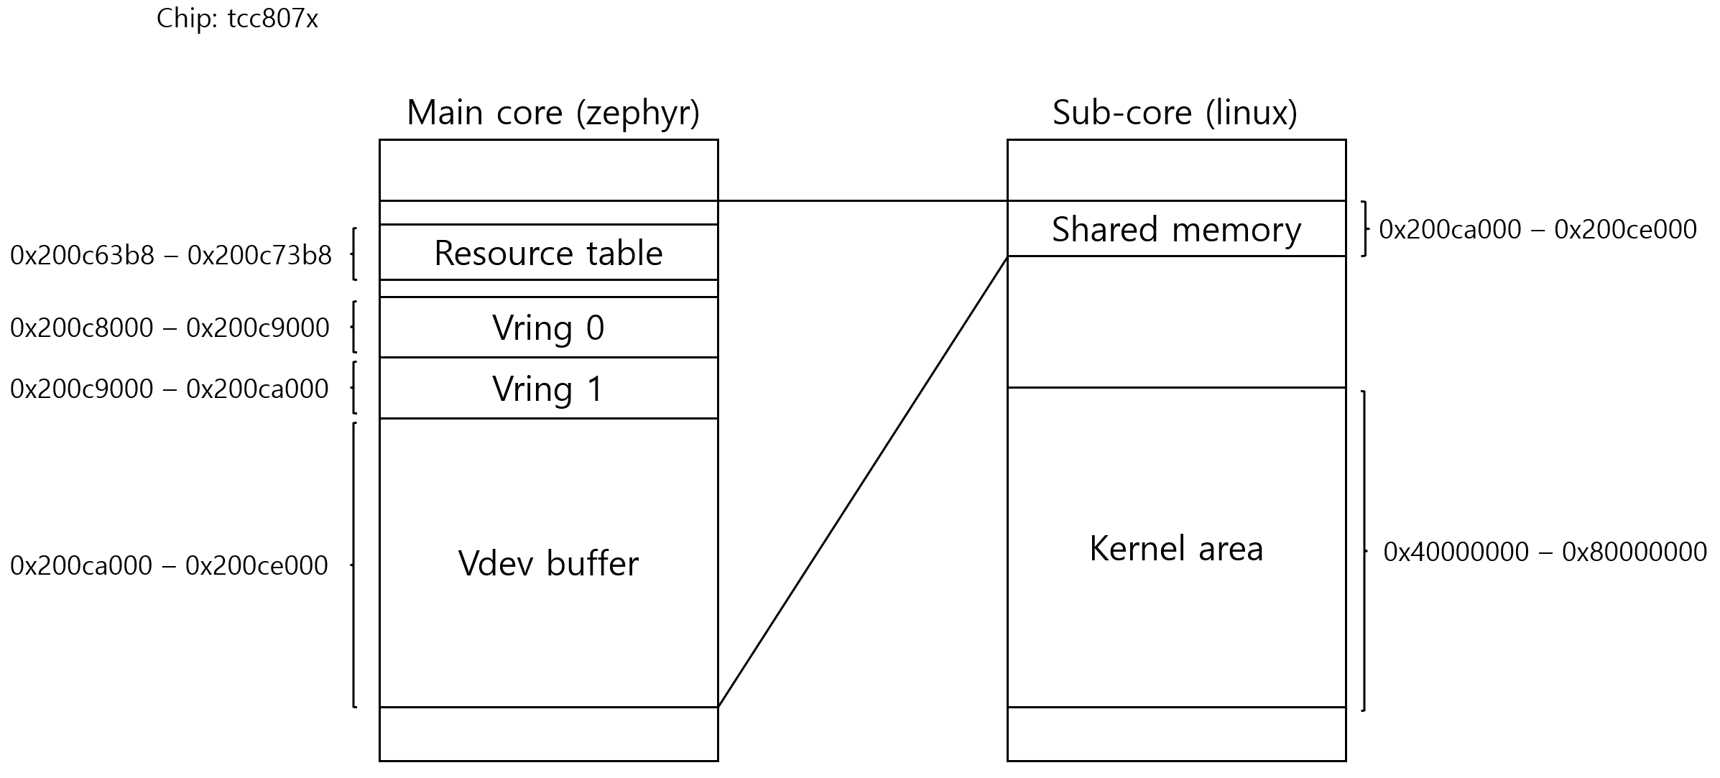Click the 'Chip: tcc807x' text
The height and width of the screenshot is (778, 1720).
pos(237,19)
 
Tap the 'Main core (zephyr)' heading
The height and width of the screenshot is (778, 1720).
pos(552,113)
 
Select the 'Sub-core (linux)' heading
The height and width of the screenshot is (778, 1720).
pos(1175,113)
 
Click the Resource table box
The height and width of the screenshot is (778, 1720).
pos(548,253)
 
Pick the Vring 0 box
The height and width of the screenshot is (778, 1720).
pos(548,328)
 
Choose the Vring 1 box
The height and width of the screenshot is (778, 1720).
pos(548,389)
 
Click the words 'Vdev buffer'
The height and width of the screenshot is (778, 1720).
pos(548,563)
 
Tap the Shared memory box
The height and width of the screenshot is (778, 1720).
pos(1176,229)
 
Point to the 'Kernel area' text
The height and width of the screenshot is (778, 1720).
pos(1176,549)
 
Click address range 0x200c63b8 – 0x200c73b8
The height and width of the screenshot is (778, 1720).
pos(171,255)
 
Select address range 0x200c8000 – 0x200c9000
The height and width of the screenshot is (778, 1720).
pos(170,328)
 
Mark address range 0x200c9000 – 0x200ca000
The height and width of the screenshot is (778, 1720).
pos(170,389)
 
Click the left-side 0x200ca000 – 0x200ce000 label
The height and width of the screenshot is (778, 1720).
pos(169,565)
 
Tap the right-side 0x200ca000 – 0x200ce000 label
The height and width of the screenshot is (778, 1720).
pos(1538,229)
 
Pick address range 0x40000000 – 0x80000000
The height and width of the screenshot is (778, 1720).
pos(1545,552)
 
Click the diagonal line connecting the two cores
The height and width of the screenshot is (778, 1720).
pos(862,482)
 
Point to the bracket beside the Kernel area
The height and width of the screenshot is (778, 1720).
pos(1364,551)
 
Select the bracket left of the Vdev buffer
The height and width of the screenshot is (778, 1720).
pos(353,565)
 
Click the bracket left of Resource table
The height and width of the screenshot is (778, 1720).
pos(353,254)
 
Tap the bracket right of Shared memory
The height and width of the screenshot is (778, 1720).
pos(1364,228)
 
